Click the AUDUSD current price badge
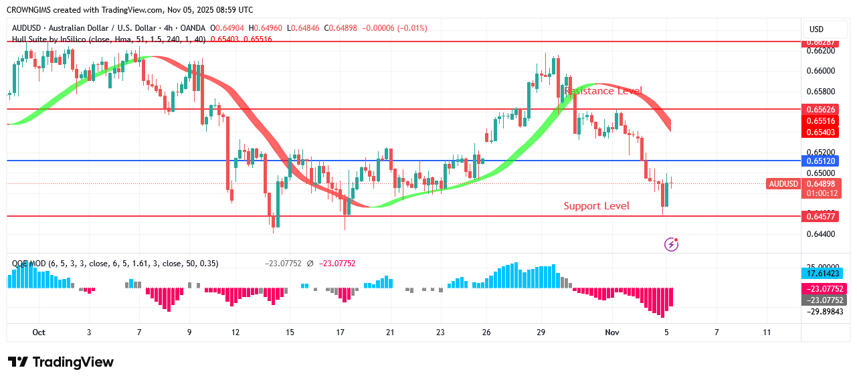783,184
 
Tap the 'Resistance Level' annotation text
603,91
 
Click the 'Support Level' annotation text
596,206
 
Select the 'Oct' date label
39,332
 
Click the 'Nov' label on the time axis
611,332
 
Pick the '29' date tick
541,332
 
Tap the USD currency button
816,29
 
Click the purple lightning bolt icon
671,244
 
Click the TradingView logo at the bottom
61,362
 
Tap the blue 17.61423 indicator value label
822,274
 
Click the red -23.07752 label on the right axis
822,288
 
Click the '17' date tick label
340,332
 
